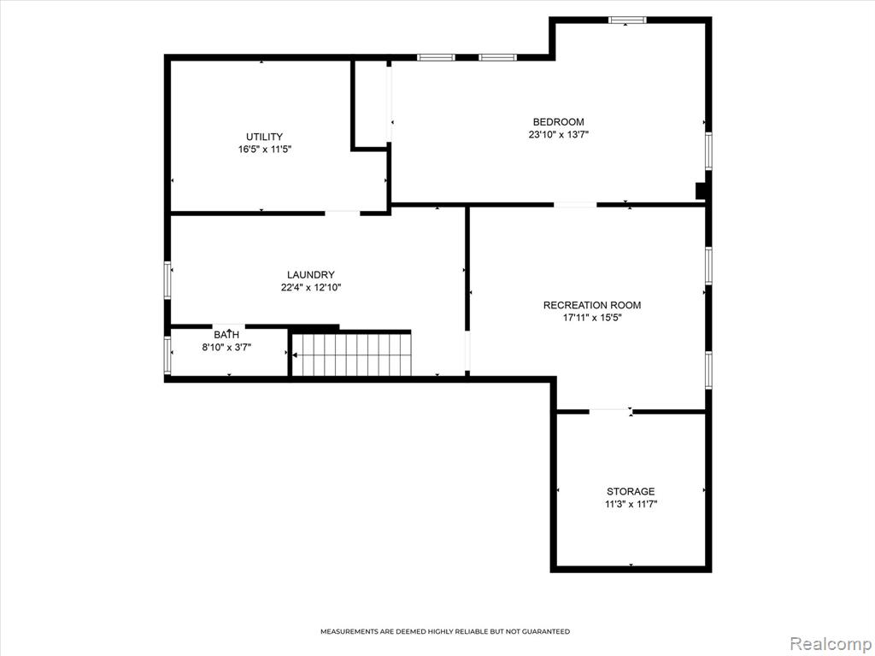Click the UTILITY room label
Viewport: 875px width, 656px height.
pos(265,137)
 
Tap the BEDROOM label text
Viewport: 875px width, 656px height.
pos(559,121)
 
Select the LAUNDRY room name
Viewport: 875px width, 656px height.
pos(311,274)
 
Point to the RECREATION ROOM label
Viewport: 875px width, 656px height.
pos(592,305)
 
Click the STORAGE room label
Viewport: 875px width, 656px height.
pos(631,491)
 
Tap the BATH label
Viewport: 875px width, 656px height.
pos(226,335)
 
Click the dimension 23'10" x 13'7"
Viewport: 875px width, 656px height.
pos(559,134)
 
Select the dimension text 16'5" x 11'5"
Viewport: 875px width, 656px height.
pos(265,149)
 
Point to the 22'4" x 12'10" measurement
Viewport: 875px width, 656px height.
pos(311,288)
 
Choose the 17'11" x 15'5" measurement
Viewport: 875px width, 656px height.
pos(592,318)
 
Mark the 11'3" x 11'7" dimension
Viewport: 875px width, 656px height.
pos(631,504)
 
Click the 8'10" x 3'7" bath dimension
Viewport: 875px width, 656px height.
pos(226,348)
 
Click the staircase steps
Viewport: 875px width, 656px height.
pos(352,354)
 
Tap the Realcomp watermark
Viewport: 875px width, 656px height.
pos(830,643)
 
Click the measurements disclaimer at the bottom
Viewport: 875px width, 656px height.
pos(444,631)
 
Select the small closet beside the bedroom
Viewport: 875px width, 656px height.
pos(370,103)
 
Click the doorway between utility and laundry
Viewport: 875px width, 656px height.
pos(343,213)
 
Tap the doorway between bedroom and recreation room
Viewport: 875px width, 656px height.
pos(575,205)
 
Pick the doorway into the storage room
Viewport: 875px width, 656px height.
pos(610,412)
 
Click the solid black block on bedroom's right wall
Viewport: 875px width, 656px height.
pos(701,190)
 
